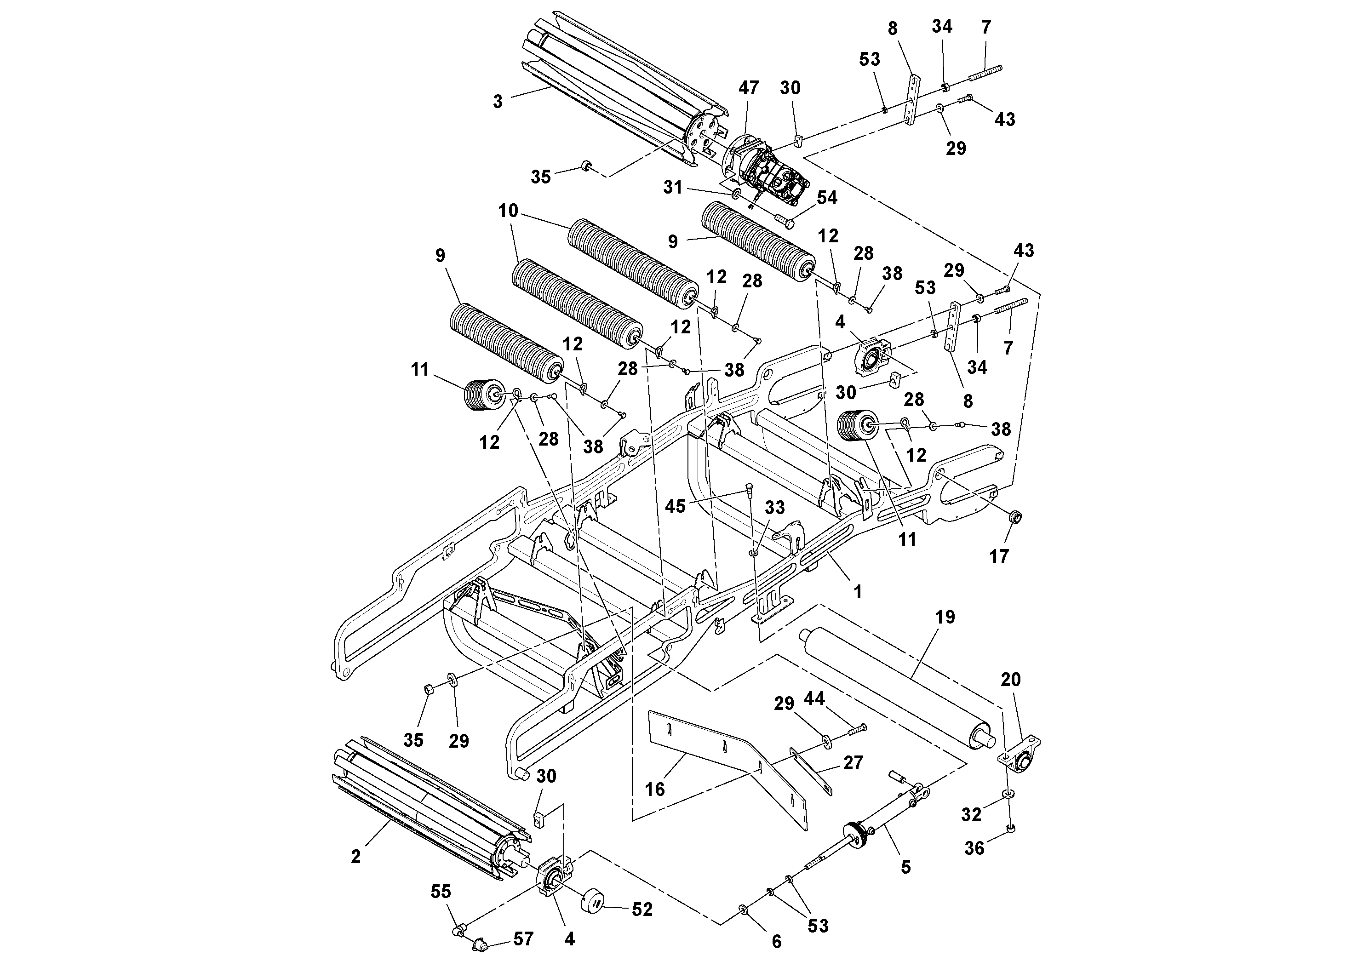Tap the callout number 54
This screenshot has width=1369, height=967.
coord(826,197)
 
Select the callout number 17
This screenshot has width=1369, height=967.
coord(999,556)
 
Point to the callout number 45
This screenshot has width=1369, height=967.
coord(675,506)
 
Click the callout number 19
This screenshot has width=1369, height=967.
coord(945,617)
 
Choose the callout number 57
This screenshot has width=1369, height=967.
coord(523,939)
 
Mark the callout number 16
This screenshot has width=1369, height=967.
coord(655,790)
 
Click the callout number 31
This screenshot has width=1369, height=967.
coord(673,187)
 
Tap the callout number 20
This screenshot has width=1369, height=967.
coord(1011,679)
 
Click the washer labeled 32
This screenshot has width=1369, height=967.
coord(1007,794)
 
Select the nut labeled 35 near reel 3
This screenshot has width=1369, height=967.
coord(585,165)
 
